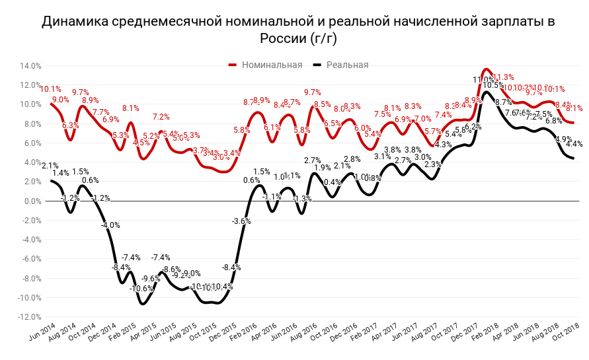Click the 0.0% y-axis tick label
(x=33, y=201)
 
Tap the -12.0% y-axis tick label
(x=30, y=317)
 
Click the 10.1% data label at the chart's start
(x=51, y=89)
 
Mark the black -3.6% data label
(x=241, y=221)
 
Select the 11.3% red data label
(x=504, y=77)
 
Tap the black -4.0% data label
(x=110, y=225)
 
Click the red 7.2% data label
(x=161, y=117)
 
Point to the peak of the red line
(x=486, y=69)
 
